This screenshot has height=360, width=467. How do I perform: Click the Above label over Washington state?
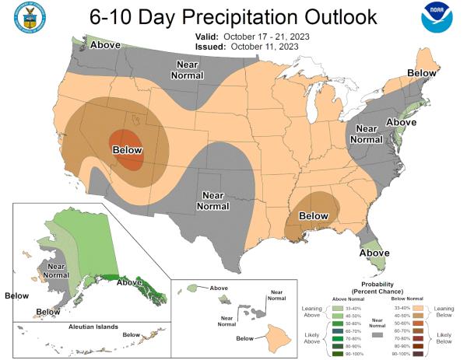coord(106,44)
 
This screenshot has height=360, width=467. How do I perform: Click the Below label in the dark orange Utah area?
coord(128,149)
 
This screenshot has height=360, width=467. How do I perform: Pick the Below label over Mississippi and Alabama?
coord(314,215)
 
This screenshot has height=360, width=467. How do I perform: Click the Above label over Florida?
coord(374,253)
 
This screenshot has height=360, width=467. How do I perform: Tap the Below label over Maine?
coord(420,72)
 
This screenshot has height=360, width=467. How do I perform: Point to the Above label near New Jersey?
coord(402,122)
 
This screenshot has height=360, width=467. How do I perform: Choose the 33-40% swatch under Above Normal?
coord(339,309)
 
